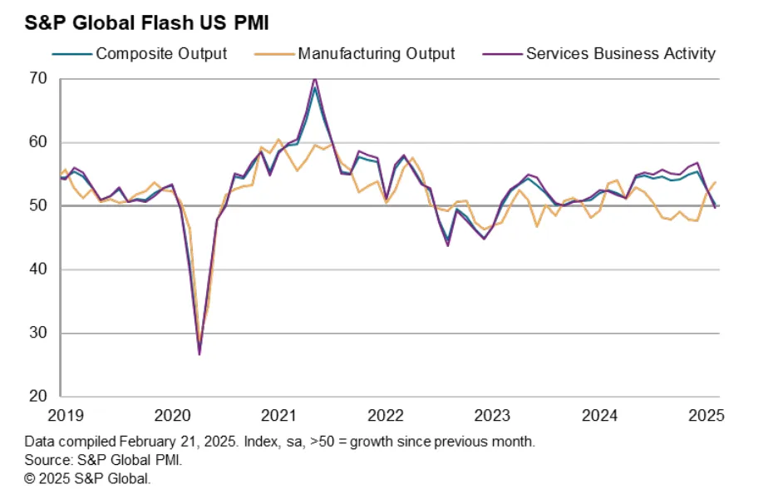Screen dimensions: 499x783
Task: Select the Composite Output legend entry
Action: [x=160, y=54]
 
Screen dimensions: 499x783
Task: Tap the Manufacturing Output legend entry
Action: [x=376, y=54]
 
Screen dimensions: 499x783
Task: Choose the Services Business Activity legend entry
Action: [x=620, y=54]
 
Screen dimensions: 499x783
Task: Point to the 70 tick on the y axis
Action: [x=40, y=79]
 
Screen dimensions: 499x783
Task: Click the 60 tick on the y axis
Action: [x=40, y=142]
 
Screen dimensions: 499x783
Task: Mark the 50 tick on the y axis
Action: [x=40, y=206]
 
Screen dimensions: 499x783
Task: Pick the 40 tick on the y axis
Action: [x=40, y=269]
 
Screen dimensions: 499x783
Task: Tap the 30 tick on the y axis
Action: [x=40, y=333]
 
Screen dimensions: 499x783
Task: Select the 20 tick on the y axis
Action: [x=40, y=397]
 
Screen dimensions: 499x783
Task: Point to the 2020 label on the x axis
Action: [x=174, y=415]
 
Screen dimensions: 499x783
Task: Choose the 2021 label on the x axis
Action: [x=279, y=415]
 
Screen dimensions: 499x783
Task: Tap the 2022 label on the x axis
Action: [x=386, y=415]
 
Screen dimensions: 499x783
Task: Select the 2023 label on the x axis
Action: [x=492, y=415]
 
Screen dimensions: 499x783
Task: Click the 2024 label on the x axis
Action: [x=598, y=415]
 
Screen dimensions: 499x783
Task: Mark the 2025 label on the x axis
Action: [x=705, y=415]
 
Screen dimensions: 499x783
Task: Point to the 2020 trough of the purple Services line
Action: [x=199, y=354]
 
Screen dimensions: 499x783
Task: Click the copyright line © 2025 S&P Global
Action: [x=87, y=478]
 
